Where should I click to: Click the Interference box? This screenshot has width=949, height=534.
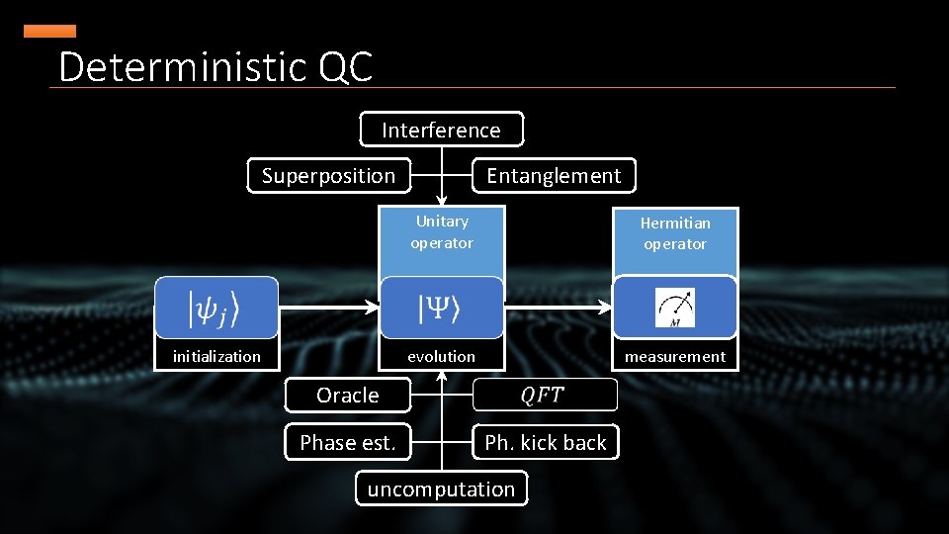pos(441,130)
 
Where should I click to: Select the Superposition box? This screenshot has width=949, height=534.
pos(328,176)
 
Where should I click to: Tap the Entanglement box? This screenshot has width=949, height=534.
pos(554,176)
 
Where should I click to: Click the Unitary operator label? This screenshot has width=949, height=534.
pos(442,232)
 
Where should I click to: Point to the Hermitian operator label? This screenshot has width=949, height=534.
pos(675,233)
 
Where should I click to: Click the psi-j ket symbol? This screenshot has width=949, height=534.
pos(216,309)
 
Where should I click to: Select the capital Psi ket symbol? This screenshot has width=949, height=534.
pos(441,309)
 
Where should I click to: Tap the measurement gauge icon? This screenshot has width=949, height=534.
pos(675,308)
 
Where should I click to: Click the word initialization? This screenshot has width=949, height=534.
pos(216,356)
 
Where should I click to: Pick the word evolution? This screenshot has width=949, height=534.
pos(441,356)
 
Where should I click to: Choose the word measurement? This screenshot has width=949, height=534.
pos(675,356)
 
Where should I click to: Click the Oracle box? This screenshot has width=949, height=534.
pos(347,396)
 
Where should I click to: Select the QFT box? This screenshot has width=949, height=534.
pos(544,395)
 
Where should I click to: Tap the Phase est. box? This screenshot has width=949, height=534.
pos(347,443)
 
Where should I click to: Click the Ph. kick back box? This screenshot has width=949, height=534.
pos(546,443)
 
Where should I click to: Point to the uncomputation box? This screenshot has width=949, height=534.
pos(441,489)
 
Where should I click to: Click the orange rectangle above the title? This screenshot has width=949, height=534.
pos(49,32)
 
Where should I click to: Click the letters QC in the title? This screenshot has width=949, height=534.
pos(346,67)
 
